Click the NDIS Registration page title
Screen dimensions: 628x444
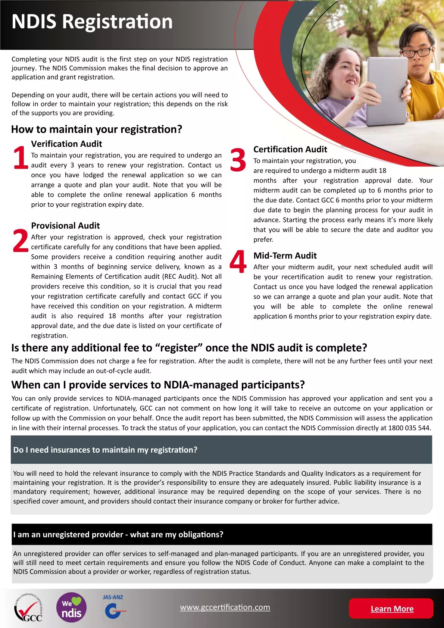click(x=92, y=22)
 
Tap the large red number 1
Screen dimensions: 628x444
click(x=20, y=157)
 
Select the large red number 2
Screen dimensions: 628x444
click(x=20, y=241)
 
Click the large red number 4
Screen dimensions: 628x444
click(x=238, y=262)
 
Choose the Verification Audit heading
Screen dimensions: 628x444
click(x=66, y=144)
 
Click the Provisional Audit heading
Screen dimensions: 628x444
click(x=65, y=226)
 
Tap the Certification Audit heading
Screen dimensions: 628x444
click(x=290, y=149)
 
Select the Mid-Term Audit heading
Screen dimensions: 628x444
click(x=285, y=256)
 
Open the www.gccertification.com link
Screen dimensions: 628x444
click(x=225, y=607)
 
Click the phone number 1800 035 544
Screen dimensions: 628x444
click(x=409, y=428)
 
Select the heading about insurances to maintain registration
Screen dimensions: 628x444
click(x=105, y=450)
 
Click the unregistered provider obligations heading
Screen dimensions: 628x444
click(x=118, y=535)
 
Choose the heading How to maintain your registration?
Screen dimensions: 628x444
click(x=97, y=129)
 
